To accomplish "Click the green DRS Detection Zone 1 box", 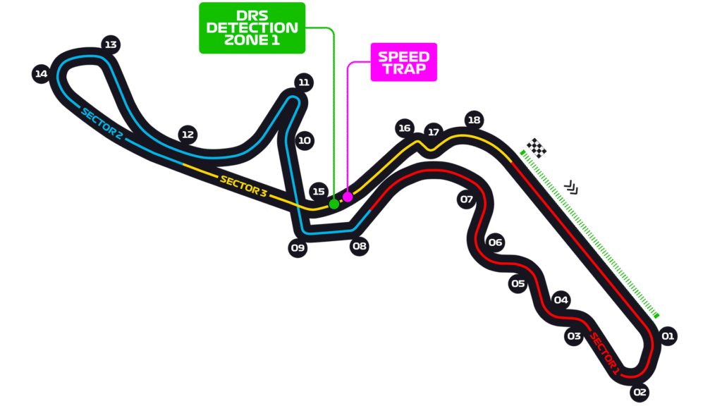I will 252,28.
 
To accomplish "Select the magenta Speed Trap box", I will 403,62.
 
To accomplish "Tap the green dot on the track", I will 334,204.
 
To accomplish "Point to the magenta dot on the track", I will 348,197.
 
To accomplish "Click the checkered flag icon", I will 537,148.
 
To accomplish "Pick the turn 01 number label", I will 668,336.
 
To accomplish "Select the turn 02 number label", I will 640,392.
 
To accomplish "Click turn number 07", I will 466,199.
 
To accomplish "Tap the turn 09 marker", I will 298,247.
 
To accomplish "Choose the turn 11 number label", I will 304,82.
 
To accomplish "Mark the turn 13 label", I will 110,44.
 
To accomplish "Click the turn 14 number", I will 41,73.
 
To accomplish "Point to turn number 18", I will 474,120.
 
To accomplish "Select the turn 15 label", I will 319,191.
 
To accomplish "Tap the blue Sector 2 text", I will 102,123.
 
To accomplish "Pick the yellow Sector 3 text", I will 243,185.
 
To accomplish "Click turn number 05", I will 518,283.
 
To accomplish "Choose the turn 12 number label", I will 188,134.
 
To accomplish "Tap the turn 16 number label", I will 404,128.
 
